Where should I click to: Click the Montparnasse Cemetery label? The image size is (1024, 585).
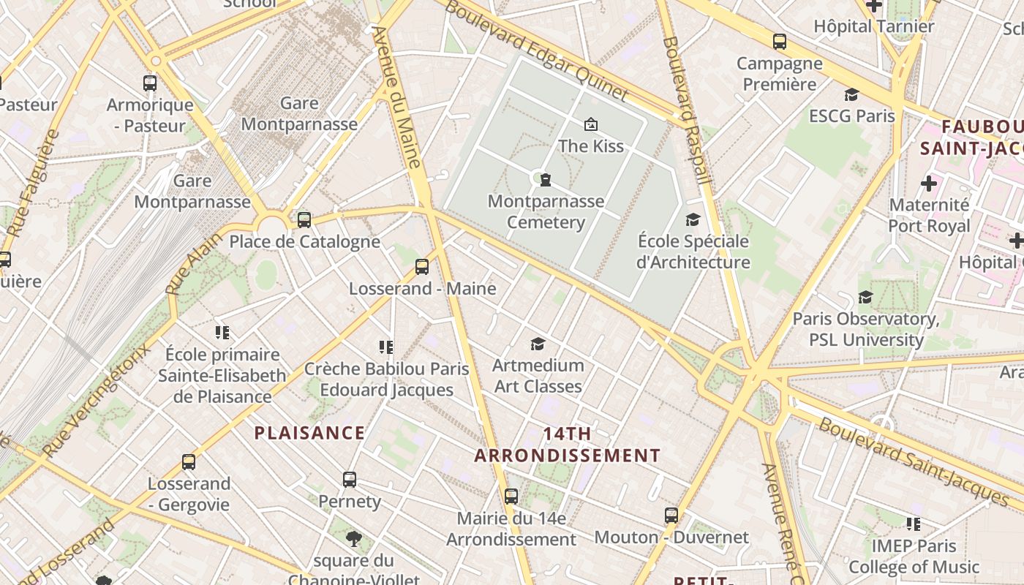pyautogui.click(x=546, y=212)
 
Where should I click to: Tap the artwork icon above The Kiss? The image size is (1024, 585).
pyautogui.click(x=590, y=124)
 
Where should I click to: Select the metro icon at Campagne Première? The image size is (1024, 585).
pyautogui.click(x=780, y=42)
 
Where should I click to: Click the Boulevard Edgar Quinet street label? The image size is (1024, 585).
pyautogui.click(x=536, y=50)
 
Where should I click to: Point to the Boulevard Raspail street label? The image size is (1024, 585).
pyautogui.click(x=686, y=110)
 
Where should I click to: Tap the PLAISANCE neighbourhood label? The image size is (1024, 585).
pyautogui.click(x=309, y=433)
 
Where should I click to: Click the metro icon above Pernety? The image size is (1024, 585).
pyautogui.click(x=350, y=480)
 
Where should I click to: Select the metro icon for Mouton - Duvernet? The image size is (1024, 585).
pyautogui.click(x=671, y=516)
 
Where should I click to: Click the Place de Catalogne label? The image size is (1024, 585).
pyautogui.click(x=305, y=241)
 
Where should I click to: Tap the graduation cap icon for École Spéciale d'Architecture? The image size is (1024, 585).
pyautogui.click(x=692, y=219)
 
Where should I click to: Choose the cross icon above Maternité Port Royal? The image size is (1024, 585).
pyautogui.click(x=929, y=183)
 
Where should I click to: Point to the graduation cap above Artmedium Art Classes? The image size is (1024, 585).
pyautogui.click(x=538, y=344)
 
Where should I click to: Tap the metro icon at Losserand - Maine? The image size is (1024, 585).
pyautogui.click(x=422, y=267)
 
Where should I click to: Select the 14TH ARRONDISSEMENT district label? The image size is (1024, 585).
pyautogui.click(x=568, y=445)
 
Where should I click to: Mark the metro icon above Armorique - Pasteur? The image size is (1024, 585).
pyautogui.click(x=150, y=83)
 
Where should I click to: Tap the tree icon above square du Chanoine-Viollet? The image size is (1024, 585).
pyautogui.click(x=353, y=540)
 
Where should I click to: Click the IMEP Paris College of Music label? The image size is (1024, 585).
pyautogui.click(x=914, y=556)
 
